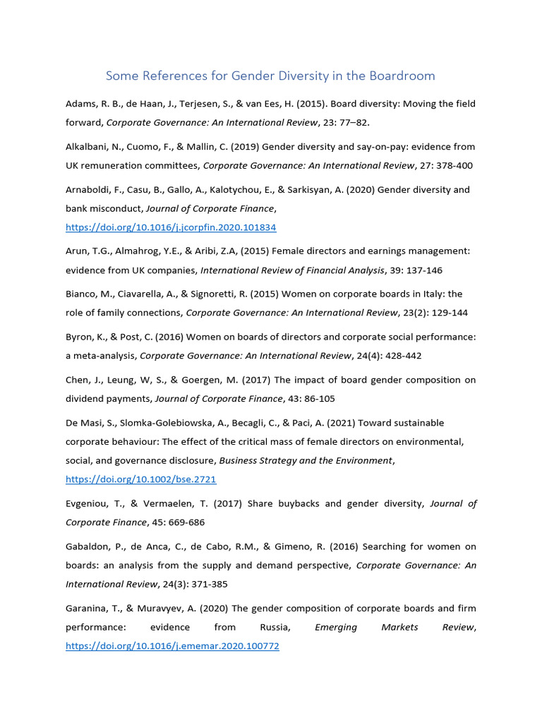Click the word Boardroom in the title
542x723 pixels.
pyautogui.click(x=403, y=75)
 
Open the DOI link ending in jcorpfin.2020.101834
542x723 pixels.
pyautogui.click(x=171, y=227)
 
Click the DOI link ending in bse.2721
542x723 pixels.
pyautogui.click(x=140, y=479)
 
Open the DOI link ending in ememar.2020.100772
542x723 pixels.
pyautogui.click(x=172, y=645)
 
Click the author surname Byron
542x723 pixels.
pyautogui.click(x=79, y=337)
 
